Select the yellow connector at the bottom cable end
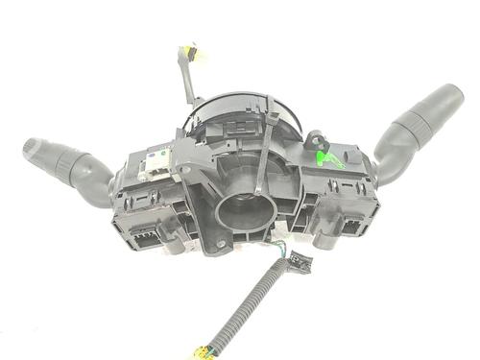tap(203, 352)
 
